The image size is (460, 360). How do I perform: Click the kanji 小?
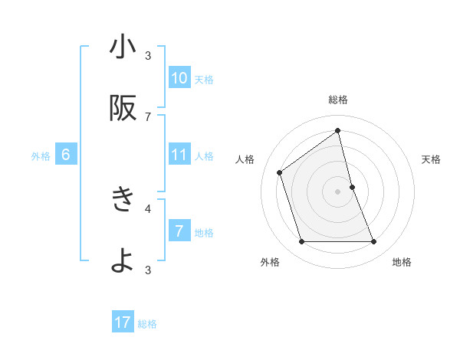click(123, 48)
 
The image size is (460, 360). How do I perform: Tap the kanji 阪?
click(123, 110)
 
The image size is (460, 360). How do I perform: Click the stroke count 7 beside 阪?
click(149, 116)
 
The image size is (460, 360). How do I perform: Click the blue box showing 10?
click(179, 78)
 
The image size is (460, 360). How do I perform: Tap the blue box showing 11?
click(179, 155)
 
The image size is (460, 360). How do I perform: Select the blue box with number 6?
click(66, 155)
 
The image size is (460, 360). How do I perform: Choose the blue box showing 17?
click(123, 322)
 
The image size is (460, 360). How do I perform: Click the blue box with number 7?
click(179, 231)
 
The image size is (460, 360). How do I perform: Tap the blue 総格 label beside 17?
click(147, 324)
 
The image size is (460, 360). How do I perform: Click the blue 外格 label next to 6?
click(41, 156)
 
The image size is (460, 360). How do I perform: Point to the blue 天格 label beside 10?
click(204, 80)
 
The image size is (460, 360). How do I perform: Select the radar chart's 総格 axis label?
click(338, 100)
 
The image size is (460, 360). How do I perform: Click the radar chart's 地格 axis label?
click(402, 263)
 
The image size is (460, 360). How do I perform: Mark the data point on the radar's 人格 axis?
click(280, 172)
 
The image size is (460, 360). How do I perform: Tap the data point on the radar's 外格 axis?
click(301, 242)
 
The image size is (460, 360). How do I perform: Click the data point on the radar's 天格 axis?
click(352, 187)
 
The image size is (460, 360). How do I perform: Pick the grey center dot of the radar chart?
click(338, 191)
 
